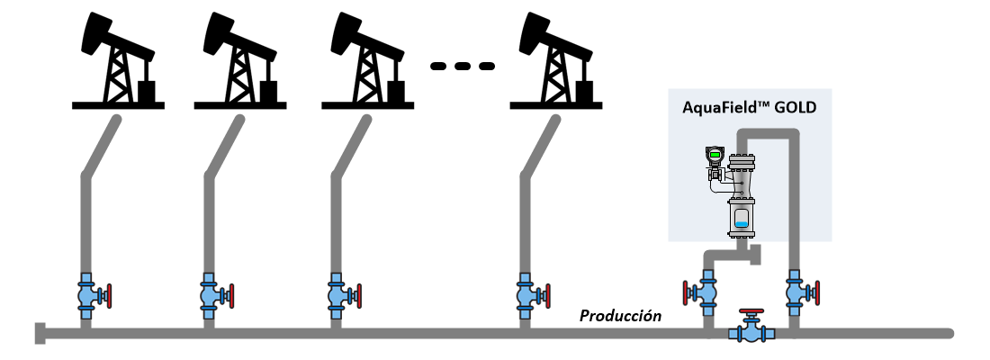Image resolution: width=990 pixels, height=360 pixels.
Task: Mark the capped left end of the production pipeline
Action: click(39, 333)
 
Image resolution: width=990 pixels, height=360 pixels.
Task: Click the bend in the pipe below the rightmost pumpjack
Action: click(526, 176)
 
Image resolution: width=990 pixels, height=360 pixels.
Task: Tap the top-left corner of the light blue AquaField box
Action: click(669, 89)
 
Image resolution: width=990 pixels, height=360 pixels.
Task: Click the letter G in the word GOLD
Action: click(780, 108)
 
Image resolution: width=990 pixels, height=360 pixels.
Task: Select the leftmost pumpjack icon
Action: click(118, 61)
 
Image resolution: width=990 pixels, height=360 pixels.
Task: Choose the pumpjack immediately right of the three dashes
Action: click(556, 61)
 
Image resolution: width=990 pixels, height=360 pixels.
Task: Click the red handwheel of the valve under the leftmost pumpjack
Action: click(109, 295)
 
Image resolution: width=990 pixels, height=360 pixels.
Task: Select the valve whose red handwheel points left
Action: click(699, 292)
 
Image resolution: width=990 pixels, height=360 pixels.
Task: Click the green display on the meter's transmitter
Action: click(715, 154)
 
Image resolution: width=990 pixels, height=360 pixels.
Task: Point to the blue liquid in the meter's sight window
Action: click(742, 222)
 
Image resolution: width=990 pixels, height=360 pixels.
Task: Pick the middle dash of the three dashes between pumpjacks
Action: click(463, 66)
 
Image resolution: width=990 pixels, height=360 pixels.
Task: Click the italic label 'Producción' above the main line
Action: click(621, 316)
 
